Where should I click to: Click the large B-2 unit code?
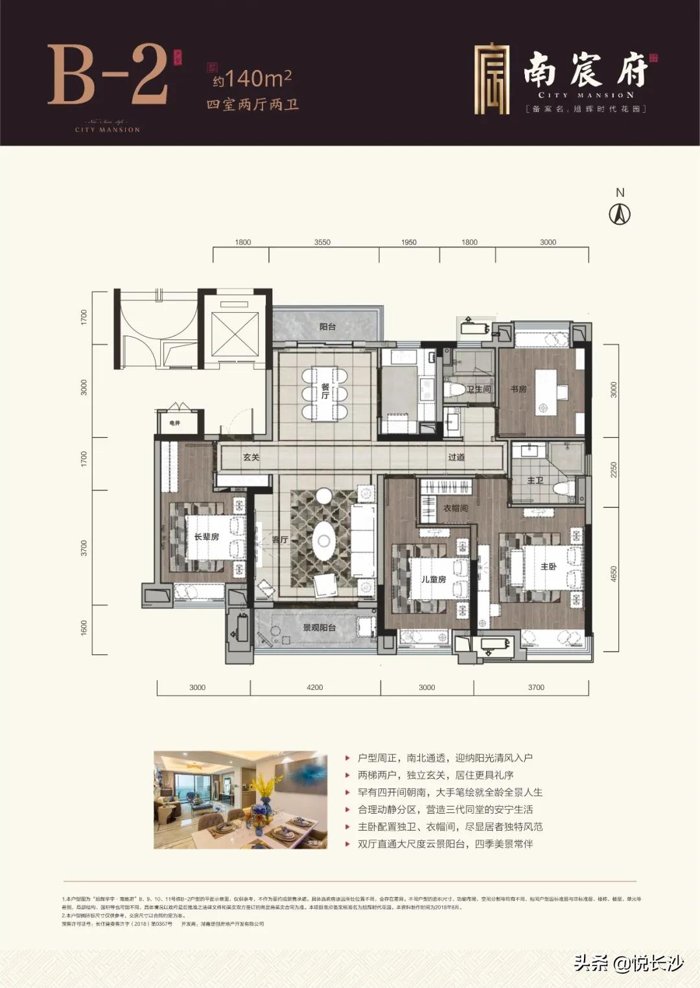(108, 75)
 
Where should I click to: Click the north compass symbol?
(620, 213)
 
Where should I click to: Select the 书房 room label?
(518, 389)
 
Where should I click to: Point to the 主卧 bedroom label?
(548, 566)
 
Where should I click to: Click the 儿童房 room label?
(434, 579)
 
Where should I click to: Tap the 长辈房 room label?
(206, 536)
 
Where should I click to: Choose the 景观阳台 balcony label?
(319, 627)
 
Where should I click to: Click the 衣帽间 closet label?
(455, 508)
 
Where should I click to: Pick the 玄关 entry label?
(251, 457)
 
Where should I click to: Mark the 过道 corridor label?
(456, 457)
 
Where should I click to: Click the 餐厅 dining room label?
(325, 391)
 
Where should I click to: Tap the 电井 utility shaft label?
(174, 423)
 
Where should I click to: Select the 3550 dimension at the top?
(322, 242)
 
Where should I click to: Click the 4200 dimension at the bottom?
(314, 687)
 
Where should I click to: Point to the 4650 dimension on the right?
(614, 574)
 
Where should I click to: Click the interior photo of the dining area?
(240, 799)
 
